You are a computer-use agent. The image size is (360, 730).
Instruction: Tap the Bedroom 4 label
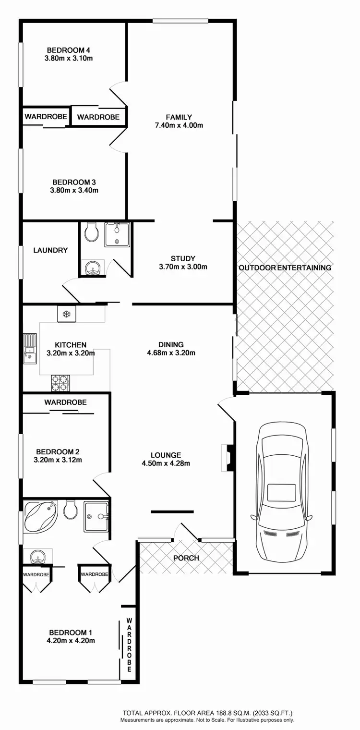68,50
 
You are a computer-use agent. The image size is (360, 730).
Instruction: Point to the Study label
183,258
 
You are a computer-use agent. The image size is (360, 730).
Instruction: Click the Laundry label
50,250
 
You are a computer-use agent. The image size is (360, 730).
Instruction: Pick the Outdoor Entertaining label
285,268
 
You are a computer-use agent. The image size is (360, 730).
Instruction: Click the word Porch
186,558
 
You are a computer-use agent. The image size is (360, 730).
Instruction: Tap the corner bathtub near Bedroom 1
41,515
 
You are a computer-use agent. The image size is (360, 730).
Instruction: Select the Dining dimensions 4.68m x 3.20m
171,353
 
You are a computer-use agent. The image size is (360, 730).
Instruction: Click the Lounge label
166,455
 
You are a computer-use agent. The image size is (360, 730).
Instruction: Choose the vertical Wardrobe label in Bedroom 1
129,645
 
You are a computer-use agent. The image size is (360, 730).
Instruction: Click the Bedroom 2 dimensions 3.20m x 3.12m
58,460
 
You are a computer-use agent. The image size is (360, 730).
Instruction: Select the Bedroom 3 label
74,182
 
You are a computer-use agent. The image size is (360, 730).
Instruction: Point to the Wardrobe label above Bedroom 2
66,402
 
